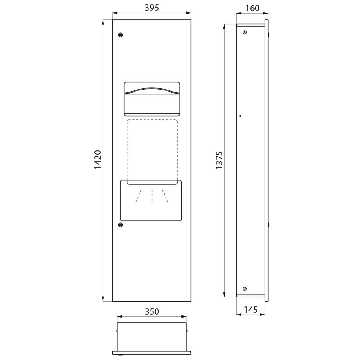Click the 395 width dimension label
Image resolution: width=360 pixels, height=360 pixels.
(x=152, y=8)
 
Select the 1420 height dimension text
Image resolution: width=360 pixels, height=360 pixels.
(x=98, y=160)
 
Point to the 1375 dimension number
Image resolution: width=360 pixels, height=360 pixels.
(x=220, y=160)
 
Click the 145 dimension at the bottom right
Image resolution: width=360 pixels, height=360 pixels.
(x=251, y=310)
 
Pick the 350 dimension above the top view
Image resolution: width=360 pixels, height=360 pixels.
(x=152, y=311)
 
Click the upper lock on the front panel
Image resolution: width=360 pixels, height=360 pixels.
(x=120, y=35)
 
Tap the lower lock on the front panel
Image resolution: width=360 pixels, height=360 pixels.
(x=120, y=225)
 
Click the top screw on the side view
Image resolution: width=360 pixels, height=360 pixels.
(x=244, y=32)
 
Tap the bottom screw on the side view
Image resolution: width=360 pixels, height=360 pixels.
(x=244, y=288)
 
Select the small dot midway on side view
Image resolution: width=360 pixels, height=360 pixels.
(x=241, y=116)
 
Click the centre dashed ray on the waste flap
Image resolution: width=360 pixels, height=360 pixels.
(x=152, y=197)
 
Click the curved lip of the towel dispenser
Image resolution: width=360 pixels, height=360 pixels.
(x=152, y=90)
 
